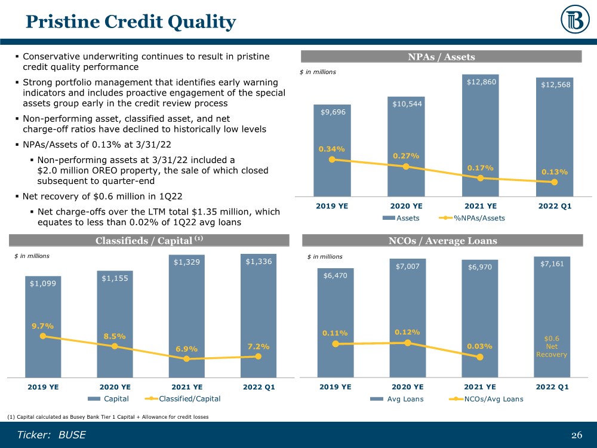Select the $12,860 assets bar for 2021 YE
[x=481, y=137]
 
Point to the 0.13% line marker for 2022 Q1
[x=555, y=182]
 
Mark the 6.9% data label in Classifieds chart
[x=186, y=349]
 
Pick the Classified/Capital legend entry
[x=184, y=398]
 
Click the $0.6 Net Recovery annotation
[x=551, y=346]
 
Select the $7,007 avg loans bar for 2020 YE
[x=408, y=317]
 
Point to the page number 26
[x=576, y=435]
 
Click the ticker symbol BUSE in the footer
[x=72, y=435]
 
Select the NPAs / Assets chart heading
[x=441, y=57]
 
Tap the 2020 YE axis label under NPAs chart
[x=407, y=205]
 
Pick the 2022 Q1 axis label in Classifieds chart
[x=257, y=386]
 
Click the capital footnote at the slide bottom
[x=108, y=416]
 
